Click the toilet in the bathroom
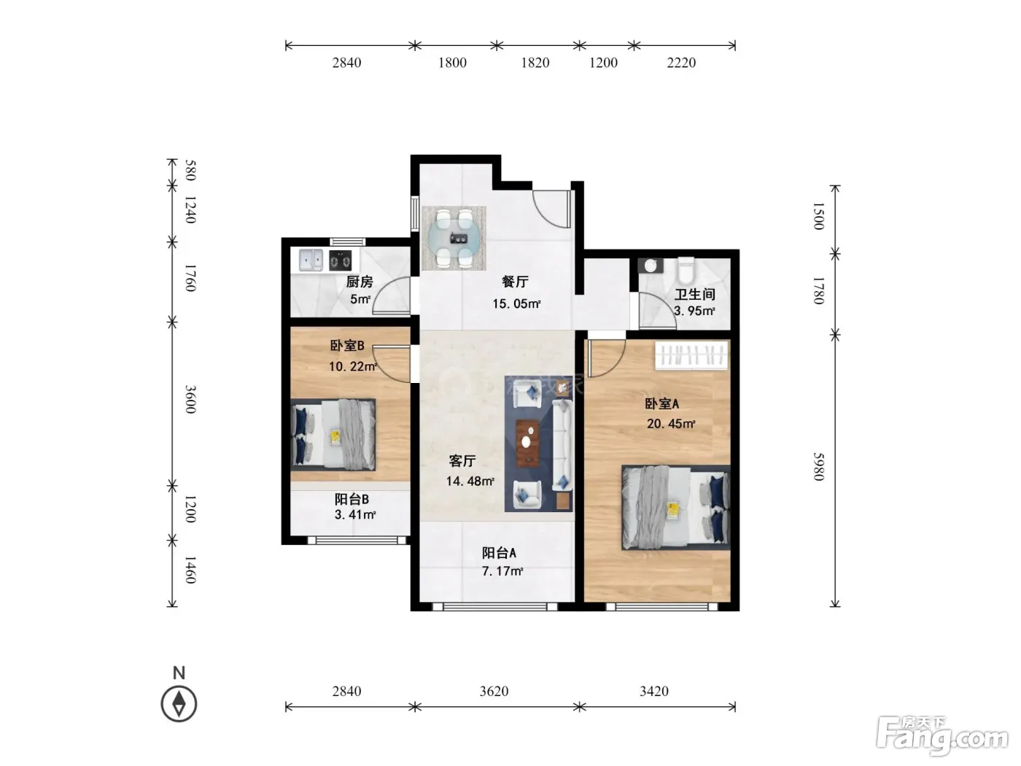pos(686,270)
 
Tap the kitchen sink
pos(311,260)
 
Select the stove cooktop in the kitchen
pos(340,260)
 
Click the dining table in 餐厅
pos(454,238)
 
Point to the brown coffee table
pos(528,442)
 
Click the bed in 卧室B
pos(333,435)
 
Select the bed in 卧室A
pos(676,508)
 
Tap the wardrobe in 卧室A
pos(691,356)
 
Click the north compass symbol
pos(179,704)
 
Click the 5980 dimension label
pos(819,466)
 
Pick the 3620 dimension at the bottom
pos(494,691)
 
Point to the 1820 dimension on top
pos(535,63)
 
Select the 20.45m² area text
pos(671,424)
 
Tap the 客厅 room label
pos(462,461)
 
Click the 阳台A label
pos(499,553)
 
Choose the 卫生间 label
pos(695,294)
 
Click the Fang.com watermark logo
pos(942,736)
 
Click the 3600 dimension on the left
pos(190,400)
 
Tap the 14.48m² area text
pos(470,481)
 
